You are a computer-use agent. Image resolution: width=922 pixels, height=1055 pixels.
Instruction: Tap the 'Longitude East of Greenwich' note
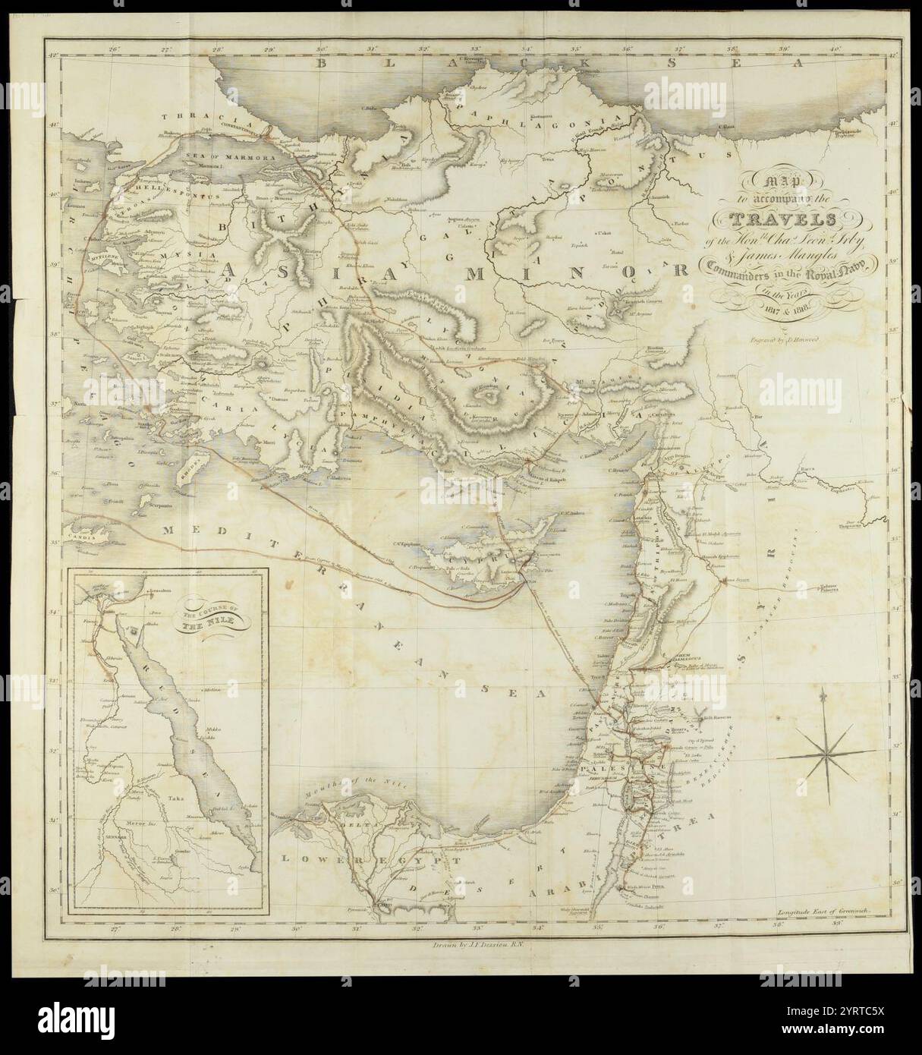(x=821, y=909)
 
